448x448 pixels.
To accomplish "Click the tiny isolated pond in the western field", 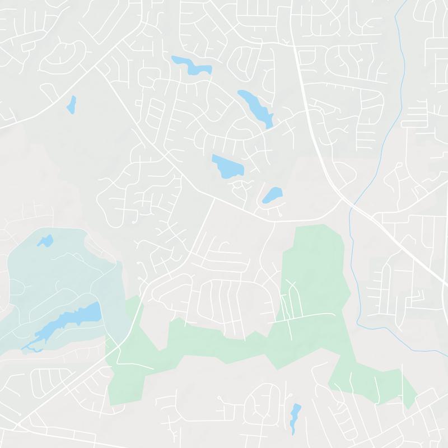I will [71, 104].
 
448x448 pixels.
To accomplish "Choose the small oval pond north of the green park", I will [273, 195].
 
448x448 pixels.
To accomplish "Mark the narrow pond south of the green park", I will [295, 417].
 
